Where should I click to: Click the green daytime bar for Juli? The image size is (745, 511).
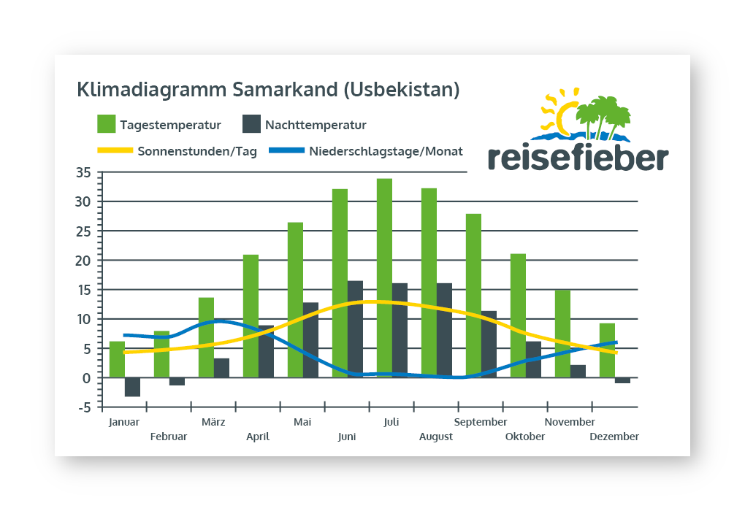[x=384, y=277]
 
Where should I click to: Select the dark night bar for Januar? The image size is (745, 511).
[x=132, y=387]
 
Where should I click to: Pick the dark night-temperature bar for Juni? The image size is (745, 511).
[x=355, y=328]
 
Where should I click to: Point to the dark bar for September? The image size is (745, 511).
[x=489, y=344]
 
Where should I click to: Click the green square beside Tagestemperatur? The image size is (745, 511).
[x=107, y=124]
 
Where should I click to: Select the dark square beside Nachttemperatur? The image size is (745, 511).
[x=252, y=124]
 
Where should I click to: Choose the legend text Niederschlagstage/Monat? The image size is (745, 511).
[x=386, y=152]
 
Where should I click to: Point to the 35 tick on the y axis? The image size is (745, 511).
[x=83, y=173]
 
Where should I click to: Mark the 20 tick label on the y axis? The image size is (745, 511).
[x=83, y=261]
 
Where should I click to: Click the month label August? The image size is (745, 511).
[x=436, y=437]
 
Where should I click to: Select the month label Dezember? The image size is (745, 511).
[x=615, y=437]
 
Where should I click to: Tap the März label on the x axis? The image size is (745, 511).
[x=213, y=422]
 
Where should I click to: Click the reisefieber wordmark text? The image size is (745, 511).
[x=577, y=156]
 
